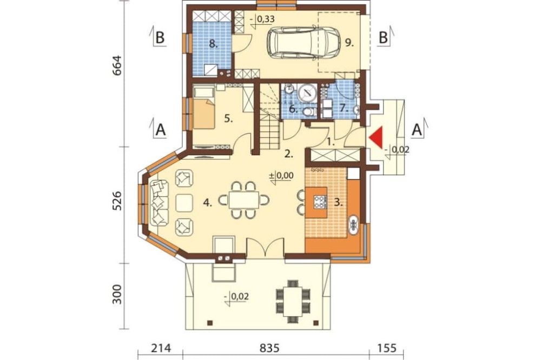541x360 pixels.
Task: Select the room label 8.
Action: [213, 44]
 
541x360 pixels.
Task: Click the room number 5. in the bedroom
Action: [228, 118]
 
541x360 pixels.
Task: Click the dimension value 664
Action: [117, 65]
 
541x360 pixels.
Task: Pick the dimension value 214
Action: [161, 348]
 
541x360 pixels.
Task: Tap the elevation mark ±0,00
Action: [281, 176]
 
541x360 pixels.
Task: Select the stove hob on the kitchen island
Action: [320, 202]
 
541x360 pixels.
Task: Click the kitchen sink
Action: [354, 225]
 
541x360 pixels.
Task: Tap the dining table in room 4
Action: [243, 200]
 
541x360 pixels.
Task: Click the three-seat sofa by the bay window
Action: [159, 203]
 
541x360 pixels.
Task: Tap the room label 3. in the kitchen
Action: [339, 202]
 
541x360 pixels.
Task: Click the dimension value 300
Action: [117, 294]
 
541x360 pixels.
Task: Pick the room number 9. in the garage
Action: [349, 43]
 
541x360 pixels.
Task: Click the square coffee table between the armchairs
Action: [184, 203]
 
